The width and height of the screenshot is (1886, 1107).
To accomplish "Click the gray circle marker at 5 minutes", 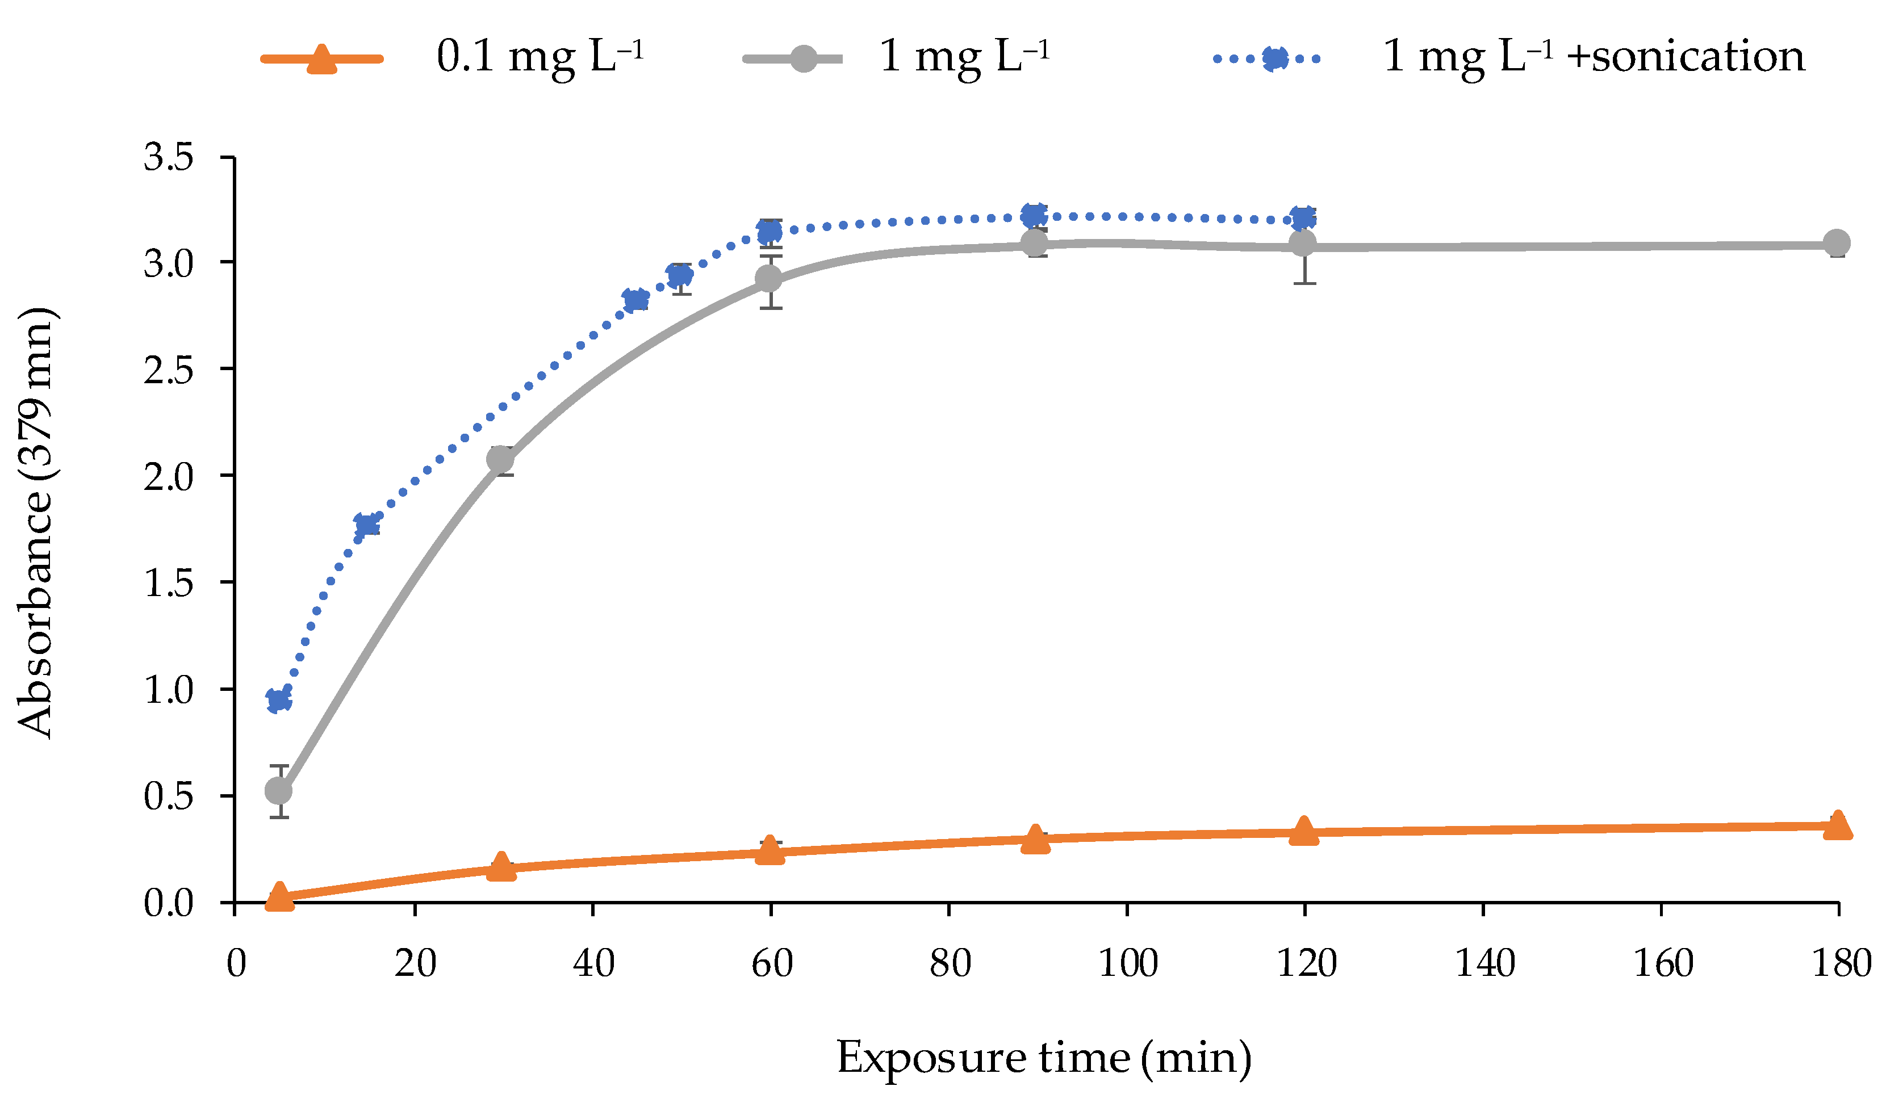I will pos(278,791).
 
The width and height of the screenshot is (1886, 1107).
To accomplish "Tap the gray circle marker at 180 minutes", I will pos(1837,243).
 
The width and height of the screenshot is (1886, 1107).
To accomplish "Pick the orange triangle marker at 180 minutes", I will pos(1837,826).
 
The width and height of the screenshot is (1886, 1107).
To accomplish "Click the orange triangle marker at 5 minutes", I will pos(279,895).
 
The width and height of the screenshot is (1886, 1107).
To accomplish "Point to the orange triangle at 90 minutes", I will pos(1035,838).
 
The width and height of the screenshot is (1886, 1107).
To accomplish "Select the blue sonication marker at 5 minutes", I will pos(278,700).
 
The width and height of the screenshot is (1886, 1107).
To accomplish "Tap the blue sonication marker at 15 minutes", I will pos(367,525).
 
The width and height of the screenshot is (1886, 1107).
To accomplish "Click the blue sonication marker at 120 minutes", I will pos(1304,219).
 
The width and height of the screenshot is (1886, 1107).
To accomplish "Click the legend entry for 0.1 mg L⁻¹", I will pos(539,56).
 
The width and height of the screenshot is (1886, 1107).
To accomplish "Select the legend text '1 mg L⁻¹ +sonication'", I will pos(1594,56).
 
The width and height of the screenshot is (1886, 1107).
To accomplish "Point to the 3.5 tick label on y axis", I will pos(169,158).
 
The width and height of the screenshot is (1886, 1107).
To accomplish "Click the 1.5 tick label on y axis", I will pos(169,582).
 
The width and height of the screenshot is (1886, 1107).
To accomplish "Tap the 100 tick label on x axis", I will pos(1127,964).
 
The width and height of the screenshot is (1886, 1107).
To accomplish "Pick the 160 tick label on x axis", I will pos(1662,964).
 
